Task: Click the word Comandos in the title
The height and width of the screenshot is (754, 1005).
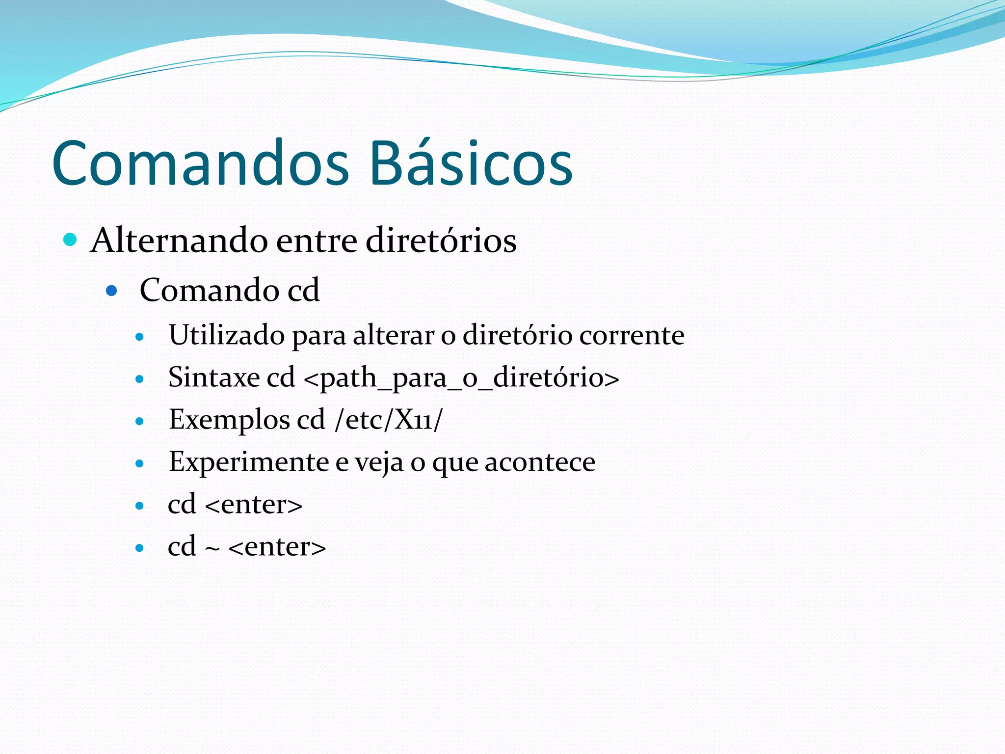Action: tap(200, 163)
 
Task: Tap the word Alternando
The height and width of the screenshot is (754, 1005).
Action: tap(179, 241)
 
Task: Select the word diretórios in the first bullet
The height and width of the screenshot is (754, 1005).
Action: tap(441, 241)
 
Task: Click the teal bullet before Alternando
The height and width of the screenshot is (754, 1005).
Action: tap(71, 240)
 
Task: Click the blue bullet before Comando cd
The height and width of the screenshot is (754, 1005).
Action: tap(112, 291)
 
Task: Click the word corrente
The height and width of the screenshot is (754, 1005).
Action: tap(632, 336)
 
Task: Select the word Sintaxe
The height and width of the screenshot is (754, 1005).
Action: tap(214, 377)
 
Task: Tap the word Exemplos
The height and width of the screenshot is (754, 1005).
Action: tap(229, 420)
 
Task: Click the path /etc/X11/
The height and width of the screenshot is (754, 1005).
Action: tap(388, 420)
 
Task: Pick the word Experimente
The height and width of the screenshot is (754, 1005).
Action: tap(249, 462)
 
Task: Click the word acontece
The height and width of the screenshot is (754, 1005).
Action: tap(540, 462)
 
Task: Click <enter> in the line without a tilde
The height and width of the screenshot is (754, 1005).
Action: tap(254, 505)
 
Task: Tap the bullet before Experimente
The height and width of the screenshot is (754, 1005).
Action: tap(140, 463)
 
